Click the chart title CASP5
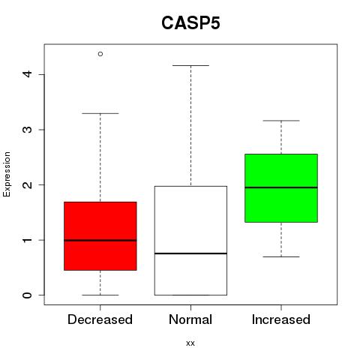(190, 23)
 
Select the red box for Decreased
(100, 236)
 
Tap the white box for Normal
(190, 241)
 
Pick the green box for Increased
(281, 188)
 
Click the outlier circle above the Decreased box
(100, 54)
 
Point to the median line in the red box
(100, 240)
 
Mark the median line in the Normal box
(190, 253)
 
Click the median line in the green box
(281, 187)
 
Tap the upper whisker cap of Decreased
(100, 113)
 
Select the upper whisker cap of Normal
(190, 65)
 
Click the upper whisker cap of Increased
(281, 121)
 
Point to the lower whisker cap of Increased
(281, 256)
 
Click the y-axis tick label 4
(28, 74)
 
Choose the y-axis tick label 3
(28, 130)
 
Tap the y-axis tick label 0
(28, 295)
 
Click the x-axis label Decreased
(100, 319)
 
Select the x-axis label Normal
(190, 319)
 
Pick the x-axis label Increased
(281, 319)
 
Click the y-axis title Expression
(7, 174)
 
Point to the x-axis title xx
(190, 343)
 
